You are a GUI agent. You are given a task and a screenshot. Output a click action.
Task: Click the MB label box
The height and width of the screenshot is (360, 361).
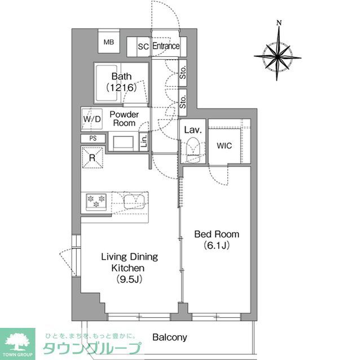(x=109, y=42)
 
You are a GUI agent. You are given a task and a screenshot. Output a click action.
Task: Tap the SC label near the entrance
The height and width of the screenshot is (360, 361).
(x=143, y=47)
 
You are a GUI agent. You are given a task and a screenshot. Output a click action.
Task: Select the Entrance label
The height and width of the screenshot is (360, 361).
(x=166, y=46)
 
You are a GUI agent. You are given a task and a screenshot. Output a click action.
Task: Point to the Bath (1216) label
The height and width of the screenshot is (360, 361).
(x=121, y=82)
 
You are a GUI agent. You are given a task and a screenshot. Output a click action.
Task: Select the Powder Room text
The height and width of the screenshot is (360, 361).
(x=124, y=118)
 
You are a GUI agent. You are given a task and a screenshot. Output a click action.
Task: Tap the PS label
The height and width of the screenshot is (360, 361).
(x=93, y=138)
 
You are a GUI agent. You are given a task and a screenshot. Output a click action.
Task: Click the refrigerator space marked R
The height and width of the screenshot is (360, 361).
(x=92, y=157)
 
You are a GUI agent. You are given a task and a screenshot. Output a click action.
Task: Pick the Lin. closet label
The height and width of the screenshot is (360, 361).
(x=144, y=140)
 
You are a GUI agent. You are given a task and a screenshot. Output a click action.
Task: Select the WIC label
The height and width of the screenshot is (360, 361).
(x=224, y=145)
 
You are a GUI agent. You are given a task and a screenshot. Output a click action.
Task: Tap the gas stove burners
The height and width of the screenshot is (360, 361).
(x=96, y=201)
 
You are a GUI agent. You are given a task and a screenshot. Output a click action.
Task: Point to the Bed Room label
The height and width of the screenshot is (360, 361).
(x=217, y=239)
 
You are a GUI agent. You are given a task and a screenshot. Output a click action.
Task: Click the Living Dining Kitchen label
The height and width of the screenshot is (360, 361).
(x=129, y=268)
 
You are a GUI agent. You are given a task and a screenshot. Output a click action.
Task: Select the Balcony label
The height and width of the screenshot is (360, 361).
(x=169, y=337)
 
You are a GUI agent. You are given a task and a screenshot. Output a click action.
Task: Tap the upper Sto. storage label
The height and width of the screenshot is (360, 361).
(x=184, y=73)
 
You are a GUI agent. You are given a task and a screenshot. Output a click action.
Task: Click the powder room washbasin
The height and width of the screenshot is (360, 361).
(x=123, y=142)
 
